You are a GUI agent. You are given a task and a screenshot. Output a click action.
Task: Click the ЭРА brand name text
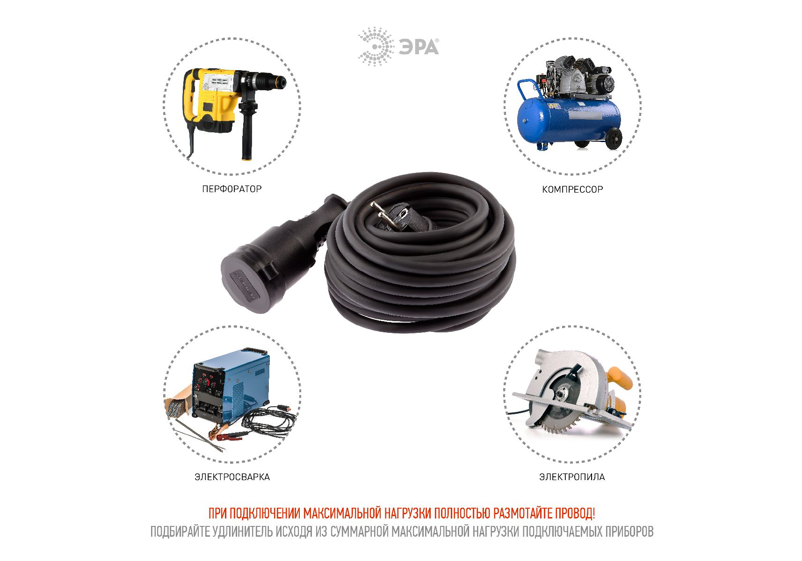419,47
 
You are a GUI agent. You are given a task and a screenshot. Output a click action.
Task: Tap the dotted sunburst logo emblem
376,46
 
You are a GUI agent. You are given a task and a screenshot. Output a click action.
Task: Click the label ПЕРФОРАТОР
232,189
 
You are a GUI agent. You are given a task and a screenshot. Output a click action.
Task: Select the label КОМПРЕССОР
572,189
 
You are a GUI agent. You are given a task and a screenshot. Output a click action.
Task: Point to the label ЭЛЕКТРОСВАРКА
232,477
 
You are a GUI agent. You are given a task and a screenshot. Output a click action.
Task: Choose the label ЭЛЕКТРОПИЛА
572,477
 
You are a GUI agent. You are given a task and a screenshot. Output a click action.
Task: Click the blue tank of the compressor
569,119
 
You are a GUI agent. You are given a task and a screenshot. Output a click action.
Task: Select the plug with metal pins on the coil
395,215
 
